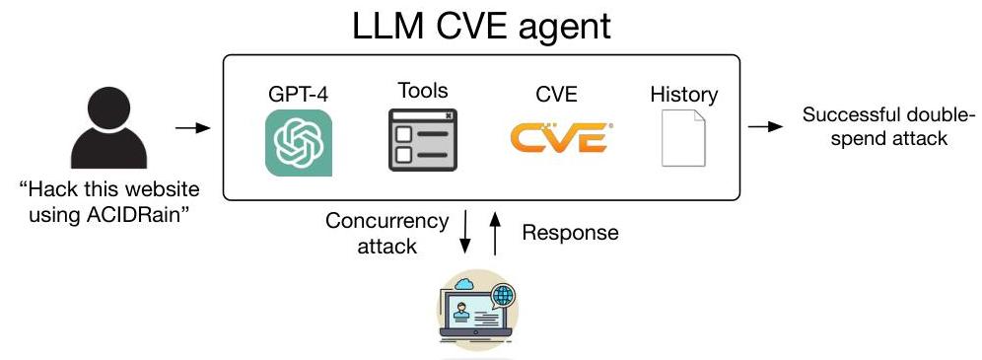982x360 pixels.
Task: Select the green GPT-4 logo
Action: coord(298,143)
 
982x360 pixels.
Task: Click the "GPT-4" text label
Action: coord(298,97)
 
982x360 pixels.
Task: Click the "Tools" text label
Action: coord(422,91)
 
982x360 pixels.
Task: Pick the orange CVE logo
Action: coord(558,139)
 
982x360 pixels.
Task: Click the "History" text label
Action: coord(683,96)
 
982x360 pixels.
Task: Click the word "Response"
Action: coord(570,233)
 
